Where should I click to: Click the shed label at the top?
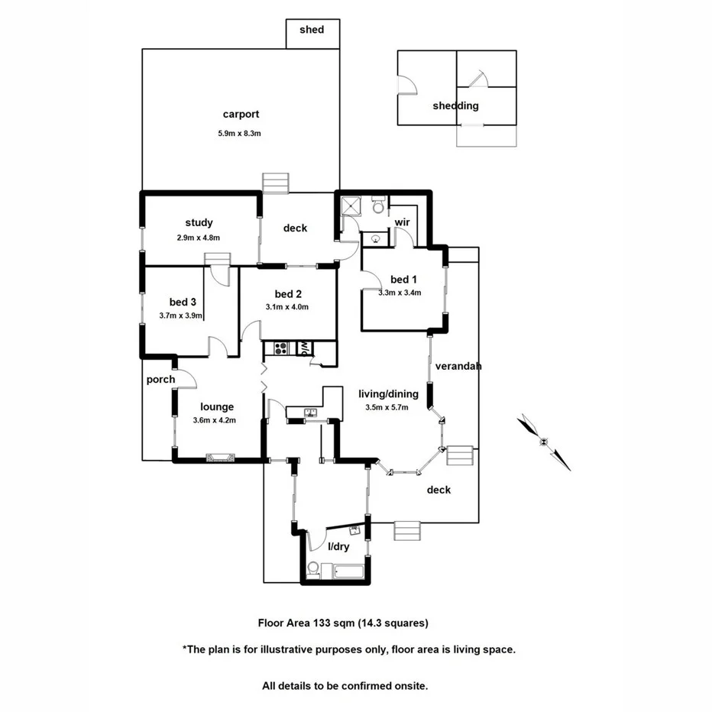(x=312, y=30)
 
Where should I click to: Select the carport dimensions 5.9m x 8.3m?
(x=240, y=133)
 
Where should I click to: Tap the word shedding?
(x=455, y=105)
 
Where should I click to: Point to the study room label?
(x=199, y=223)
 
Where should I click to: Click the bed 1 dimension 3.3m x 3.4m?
(x=400, y=292)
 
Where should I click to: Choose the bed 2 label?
(x=289, y=294)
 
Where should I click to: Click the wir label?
(x=402, y=222)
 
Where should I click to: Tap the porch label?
(x=160, y=380)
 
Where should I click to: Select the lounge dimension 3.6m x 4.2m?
(x=214, y=420)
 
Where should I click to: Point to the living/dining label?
(x=388, y=394)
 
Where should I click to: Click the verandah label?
(x=458, y=366)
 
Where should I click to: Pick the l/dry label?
(x=338, y=547)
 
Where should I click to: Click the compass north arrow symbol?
(x=544, y=442)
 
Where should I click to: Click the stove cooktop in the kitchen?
(x=280, y=349)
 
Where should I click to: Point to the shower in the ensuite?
(x=350, y=205)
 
